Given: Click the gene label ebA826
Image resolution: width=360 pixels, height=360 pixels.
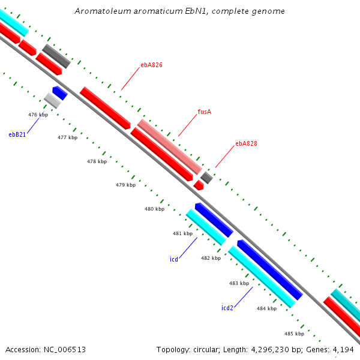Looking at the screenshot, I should coord(152,65).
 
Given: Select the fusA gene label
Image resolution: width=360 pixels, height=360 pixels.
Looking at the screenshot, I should coord(204,112).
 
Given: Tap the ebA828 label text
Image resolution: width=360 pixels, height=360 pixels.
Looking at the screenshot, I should coord(246,143).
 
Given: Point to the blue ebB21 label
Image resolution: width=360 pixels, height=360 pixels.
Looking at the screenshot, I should coord(17,134).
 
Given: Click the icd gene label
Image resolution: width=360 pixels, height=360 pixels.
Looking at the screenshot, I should coord(174,260).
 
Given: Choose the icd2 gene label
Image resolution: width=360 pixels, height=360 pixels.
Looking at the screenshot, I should coord(227,308).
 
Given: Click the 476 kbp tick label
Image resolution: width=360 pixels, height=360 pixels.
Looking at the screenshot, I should coord(38,115).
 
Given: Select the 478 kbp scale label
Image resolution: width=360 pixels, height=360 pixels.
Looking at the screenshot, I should coord(97,161).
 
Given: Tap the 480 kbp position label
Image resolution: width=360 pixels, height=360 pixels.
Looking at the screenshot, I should coord(154,209).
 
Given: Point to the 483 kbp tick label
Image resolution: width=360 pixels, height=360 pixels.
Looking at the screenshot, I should coord(239,283).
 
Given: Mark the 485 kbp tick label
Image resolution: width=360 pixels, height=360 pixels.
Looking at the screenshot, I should coord(294,334).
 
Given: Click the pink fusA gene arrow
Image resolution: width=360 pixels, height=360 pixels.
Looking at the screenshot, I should coord(170,146).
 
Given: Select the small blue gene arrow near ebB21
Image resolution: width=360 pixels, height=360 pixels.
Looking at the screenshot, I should coord(59,92).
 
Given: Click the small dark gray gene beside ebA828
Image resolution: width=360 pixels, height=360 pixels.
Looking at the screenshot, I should coord(206,177).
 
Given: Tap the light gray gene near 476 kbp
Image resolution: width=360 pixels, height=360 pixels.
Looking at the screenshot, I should coord(52,101).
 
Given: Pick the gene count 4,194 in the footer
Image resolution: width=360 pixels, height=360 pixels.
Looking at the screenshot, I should coord(343,349).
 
